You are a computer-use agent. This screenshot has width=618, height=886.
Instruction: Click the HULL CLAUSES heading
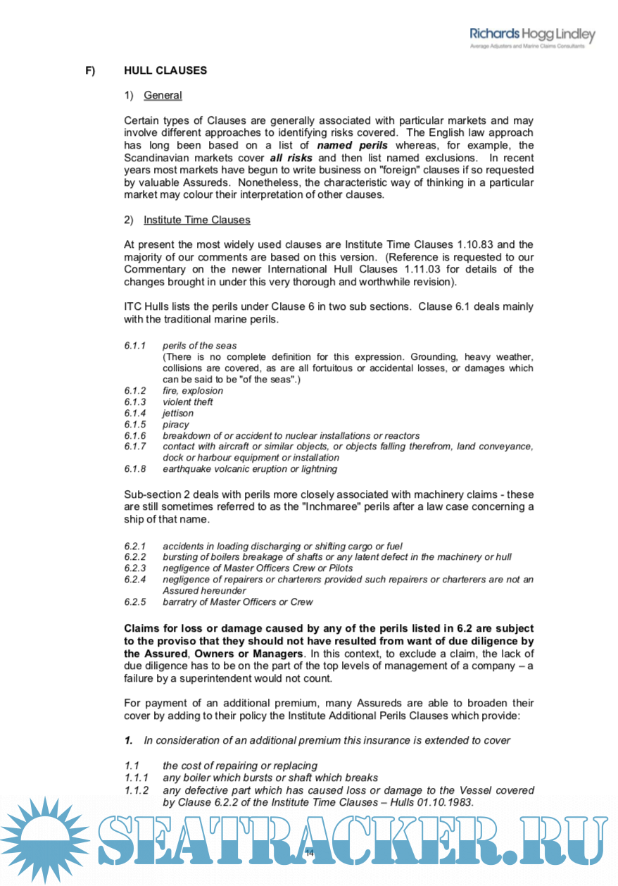(x=165, y=70)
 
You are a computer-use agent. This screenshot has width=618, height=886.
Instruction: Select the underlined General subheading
(x=163, y=96)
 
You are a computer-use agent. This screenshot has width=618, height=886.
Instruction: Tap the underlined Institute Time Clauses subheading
(x=196, y=220)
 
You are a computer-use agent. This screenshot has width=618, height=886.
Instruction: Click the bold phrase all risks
(x=291, y=158)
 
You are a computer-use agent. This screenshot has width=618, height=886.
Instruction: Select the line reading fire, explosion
(x=192, y=391)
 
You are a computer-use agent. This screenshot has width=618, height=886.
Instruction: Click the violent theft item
(x=187, y=402)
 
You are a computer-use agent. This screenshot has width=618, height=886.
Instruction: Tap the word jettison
(x=177, y=413)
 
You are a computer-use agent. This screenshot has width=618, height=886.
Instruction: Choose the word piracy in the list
(x=175, y=425)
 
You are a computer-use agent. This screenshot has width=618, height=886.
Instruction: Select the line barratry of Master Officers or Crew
(x=237, y=602)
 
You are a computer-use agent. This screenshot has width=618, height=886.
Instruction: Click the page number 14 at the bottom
(x=309, y=853)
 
